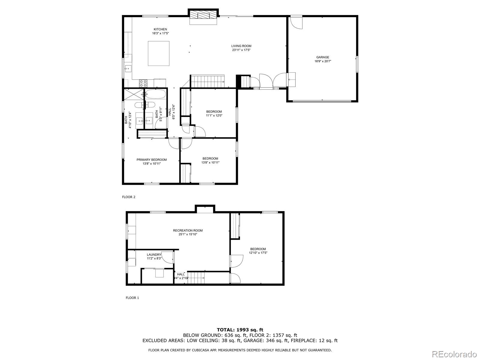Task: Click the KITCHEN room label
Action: [160, 29]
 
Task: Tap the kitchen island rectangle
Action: [158, 53]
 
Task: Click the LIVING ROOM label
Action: [241, 46]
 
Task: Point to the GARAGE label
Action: [322, 57]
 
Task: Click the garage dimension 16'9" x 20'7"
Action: [322, 61]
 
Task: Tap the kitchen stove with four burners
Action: [143, 82]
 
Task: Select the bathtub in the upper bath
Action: [156, 95]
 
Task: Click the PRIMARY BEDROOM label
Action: [151, 160]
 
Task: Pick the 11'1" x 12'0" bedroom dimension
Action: [214, 115]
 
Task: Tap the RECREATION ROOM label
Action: [188, 230]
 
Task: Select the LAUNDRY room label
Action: [154, 255]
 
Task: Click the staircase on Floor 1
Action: [196, 278]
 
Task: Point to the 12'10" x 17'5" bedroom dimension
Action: [258, 253]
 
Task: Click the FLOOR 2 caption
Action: [129, 197]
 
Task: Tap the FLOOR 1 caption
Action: [132, 298]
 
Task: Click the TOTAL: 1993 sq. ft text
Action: [240, 330]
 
